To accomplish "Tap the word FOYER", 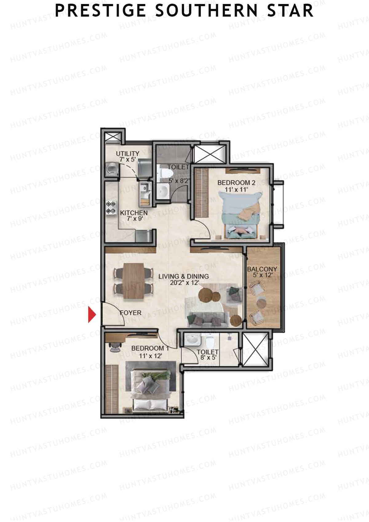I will coord(131,313).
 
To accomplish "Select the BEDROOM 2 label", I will coord(236,183).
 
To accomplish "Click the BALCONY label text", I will coord(262,269).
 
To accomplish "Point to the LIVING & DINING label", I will coord(184,277).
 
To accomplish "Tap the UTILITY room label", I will coord(128,153).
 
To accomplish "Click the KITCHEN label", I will coord(134,213).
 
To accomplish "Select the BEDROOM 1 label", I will coord(150,349).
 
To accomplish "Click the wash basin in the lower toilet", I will coord(193,340).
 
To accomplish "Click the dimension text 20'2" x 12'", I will coord(184,283).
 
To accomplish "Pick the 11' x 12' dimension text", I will coord(150,356).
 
